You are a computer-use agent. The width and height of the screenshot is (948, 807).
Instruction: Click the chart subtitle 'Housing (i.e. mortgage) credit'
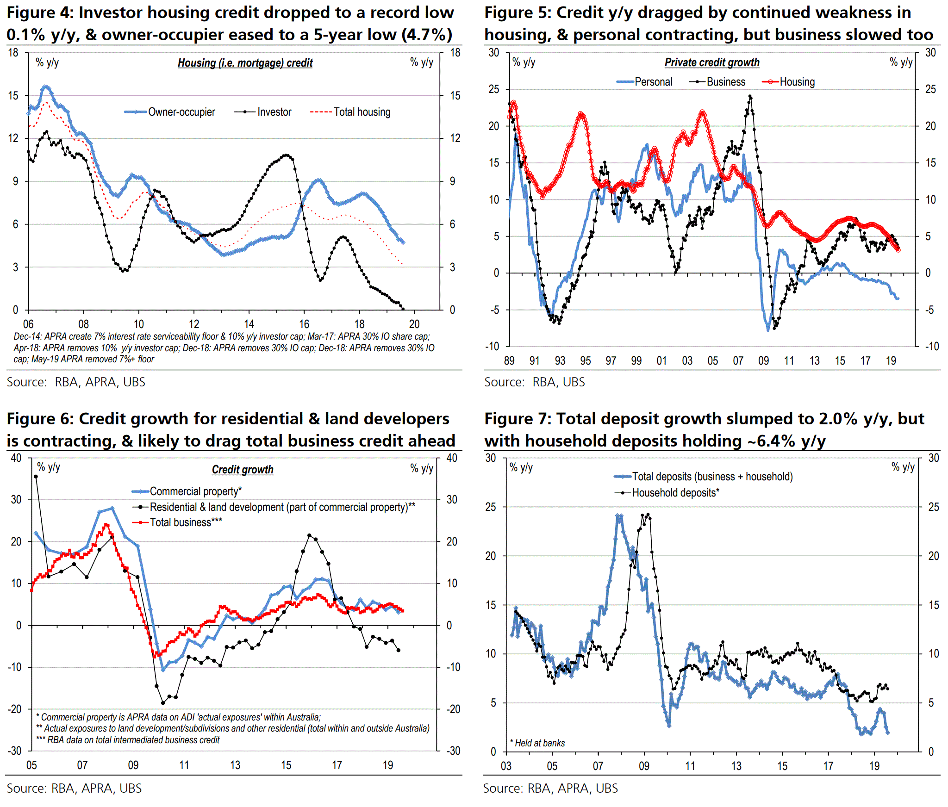[245, 63]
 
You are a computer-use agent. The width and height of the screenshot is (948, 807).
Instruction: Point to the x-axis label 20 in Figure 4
[414, 324]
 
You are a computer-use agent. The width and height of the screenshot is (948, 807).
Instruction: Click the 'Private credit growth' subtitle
[712, 62]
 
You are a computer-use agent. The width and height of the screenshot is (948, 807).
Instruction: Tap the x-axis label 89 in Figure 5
[509, 360]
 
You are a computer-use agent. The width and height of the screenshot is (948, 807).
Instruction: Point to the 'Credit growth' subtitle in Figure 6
[243, 470]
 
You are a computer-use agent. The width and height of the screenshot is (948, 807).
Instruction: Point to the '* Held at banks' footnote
[537, 743]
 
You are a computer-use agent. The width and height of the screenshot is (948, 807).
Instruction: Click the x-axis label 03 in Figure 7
[506, 766]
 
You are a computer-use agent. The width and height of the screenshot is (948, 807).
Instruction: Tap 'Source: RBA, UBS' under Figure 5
[534, 382]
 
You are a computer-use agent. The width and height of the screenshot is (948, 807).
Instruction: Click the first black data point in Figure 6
[36, 477]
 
